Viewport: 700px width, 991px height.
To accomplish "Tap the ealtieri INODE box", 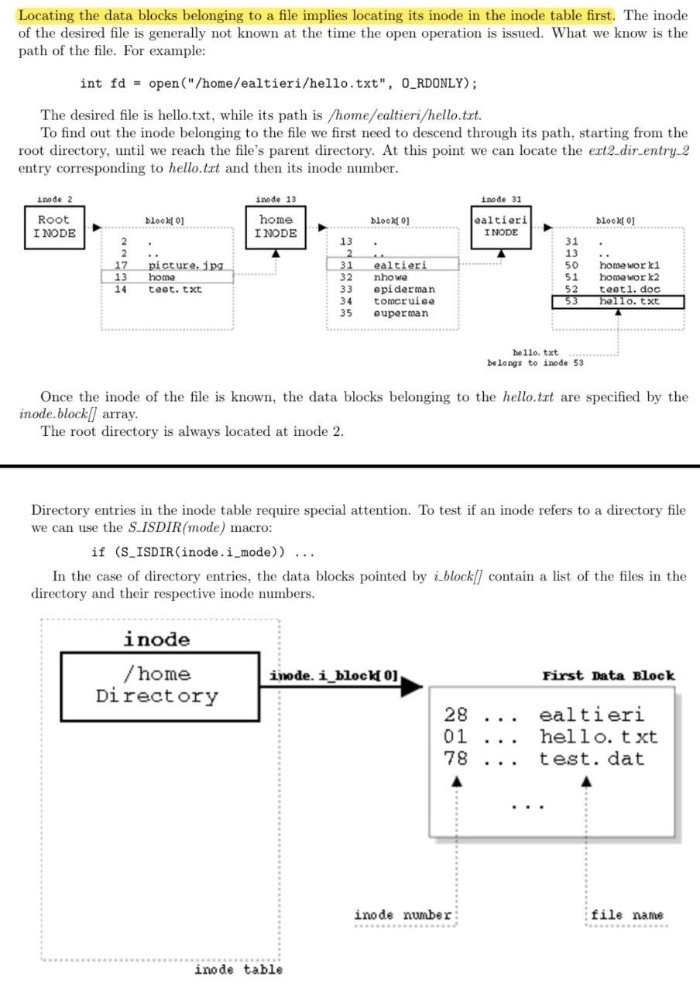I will pos(501,226).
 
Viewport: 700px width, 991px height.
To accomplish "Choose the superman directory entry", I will pos(400,314).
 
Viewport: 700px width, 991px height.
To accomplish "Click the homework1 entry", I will pos(628,266).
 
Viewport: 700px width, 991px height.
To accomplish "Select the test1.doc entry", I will pos(629,290).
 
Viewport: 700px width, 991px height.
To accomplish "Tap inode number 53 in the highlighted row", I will pos(571,301).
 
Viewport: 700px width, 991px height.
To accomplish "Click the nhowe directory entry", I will pos(390,277).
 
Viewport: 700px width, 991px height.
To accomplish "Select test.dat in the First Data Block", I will pos(592,759).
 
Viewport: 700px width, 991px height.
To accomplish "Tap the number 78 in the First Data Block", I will pos(455,759).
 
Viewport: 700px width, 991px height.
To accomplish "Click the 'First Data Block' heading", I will pos(609,676).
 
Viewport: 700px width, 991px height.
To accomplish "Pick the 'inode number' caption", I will pos(403,915).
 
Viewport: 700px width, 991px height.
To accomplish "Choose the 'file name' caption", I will pos(627,915).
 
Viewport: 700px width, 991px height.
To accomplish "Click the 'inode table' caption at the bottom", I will pos(238,969).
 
